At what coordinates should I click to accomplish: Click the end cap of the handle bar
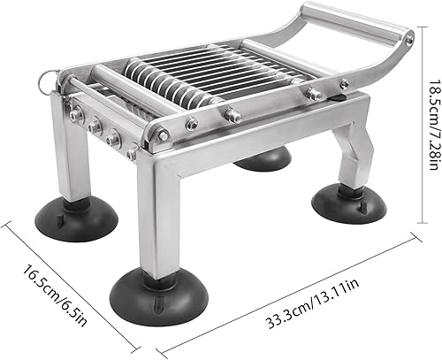[406, 36]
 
